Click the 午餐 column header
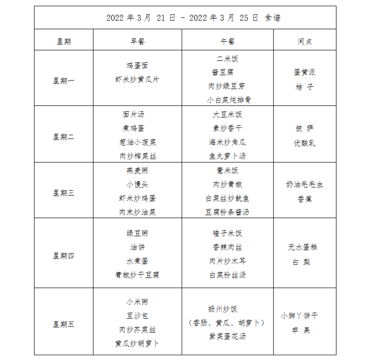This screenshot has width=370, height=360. [227, 42]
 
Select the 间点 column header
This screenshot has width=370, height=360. [304, 42]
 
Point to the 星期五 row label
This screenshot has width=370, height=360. [63, 325]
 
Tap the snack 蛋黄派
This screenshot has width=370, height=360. [304, 72]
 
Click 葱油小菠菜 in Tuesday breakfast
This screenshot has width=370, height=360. [138, 142]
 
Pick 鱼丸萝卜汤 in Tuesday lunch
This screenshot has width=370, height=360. [227, 156]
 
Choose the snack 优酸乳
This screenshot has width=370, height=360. [304, 143]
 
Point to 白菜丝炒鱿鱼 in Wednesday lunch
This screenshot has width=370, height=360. [227, 198]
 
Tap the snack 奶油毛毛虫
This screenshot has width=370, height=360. [304, 185]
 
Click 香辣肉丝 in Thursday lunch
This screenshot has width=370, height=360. [227, 247]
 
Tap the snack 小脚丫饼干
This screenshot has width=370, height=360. [299, 316]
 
